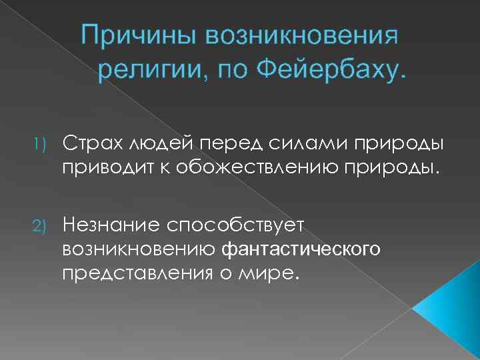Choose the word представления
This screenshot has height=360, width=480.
(x=133, y=272)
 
